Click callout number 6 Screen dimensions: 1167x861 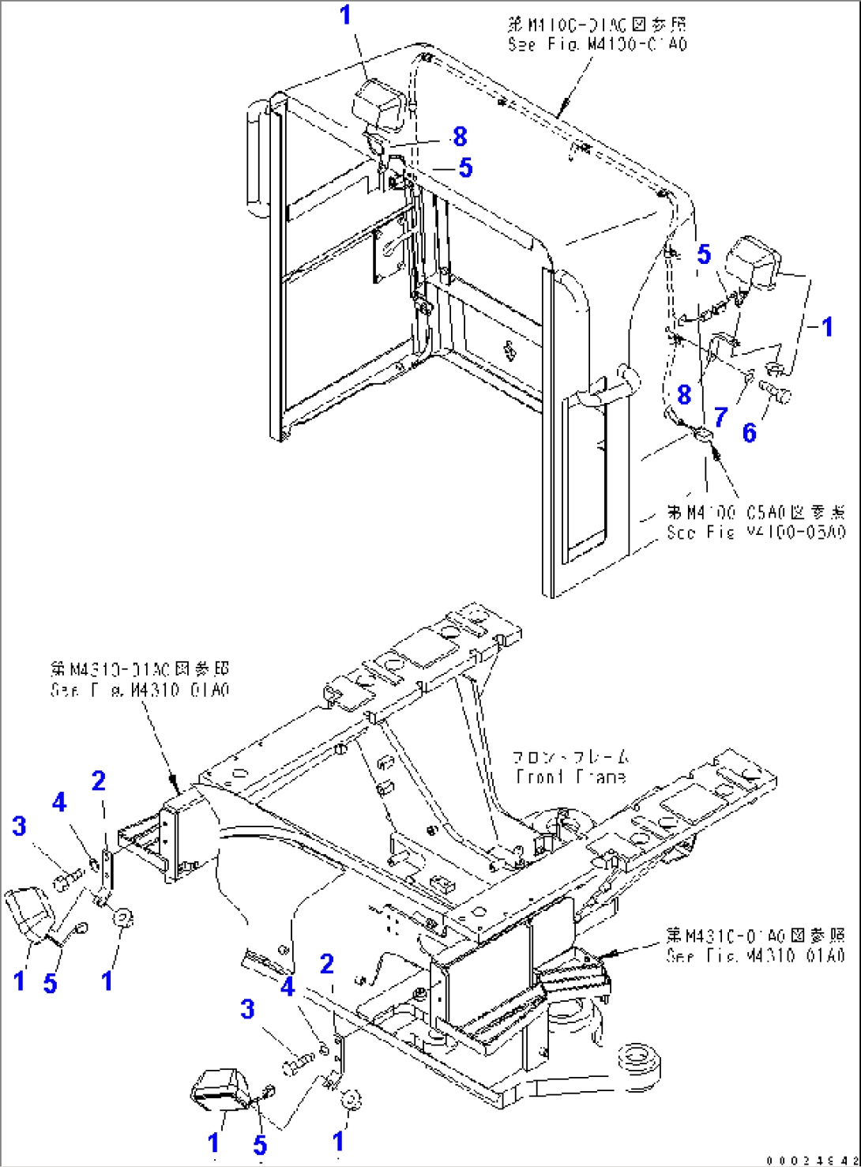click(749, 432)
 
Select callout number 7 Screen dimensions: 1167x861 click(720, 416)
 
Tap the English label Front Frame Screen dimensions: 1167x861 click(570, 777)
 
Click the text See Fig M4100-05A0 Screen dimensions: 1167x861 click(755, 533)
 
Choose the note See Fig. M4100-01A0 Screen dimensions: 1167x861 click(597, 44)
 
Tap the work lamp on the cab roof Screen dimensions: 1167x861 click(379, 105)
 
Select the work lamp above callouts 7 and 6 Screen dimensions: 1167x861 click(754, 262)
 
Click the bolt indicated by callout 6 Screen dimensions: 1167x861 click(775, 391)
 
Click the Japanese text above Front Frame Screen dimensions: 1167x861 click(570, 756)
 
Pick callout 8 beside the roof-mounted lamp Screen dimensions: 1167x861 click(459, 137)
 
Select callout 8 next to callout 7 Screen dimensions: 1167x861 click(684, 394)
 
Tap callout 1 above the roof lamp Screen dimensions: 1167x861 click(345, 15)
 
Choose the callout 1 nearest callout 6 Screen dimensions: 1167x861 click(826, 326)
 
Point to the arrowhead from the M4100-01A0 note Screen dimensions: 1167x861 click(563, 111)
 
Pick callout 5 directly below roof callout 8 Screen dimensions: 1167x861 click(465, 168)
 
